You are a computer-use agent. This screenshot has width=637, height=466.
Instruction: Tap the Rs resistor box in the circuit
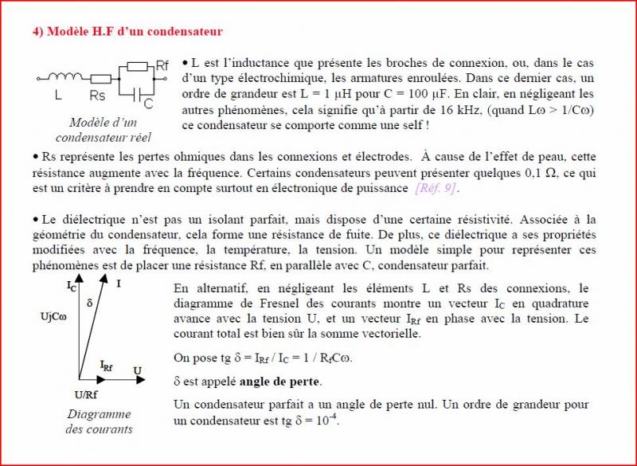click(x=100, y=78)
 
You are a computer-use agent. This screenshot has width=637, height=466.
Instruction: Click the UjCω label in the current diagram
click(x=54, y=317)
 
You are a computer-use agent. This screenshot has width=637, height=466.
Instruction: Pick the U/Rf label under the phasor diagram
click(x=86, y=394)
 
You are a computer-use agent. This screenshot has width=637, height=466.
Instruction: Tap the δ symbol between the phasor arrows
click(x=89, y=303)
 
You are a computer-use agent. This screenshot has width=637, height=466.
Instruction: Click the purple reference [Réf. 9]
click(x=436, y=188)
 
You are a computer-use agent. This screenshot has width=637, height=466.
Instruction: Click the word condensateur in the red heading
click(x=185, y=32)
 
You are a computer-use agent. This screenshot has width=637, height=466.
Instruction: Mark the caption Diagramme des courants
click(x=99, y=421)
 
